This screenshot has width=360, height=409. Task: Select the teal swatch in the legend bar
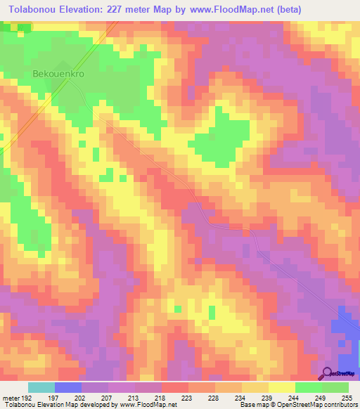[41, 388]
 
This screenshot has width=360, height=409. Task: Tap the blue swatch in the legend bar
[68, 388]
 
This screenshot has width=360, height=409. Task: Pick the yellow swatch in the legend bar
[281, 388]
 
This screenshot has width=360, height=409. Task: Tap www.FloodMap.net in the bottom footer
[147, 405]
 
